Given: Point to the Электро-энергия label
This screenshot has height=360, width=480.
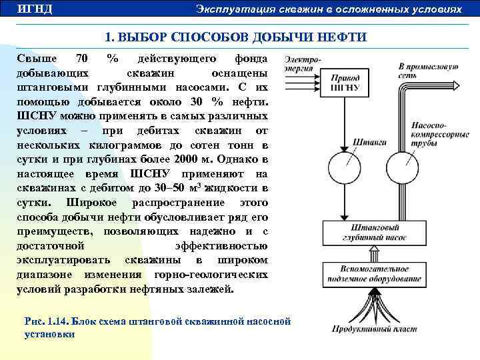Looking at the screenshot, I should click(302, 64).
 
